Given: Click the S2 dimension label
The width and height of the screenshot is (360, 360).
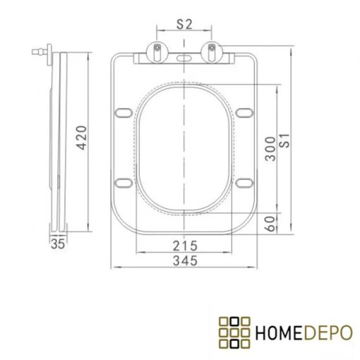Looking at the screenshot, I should [184, 23].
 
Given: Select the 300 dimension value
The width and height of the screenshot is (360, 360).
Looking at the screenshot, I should [270, 148].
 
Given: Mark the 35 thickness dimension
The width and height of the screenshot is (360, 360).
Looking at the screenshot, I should [58, 245].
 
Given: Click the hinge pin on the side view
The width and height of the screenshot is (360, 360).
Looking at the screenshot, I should [40, 52].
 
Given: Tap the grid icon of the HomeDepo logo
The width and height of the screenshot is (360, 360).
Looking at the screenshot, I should [235, 331].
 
